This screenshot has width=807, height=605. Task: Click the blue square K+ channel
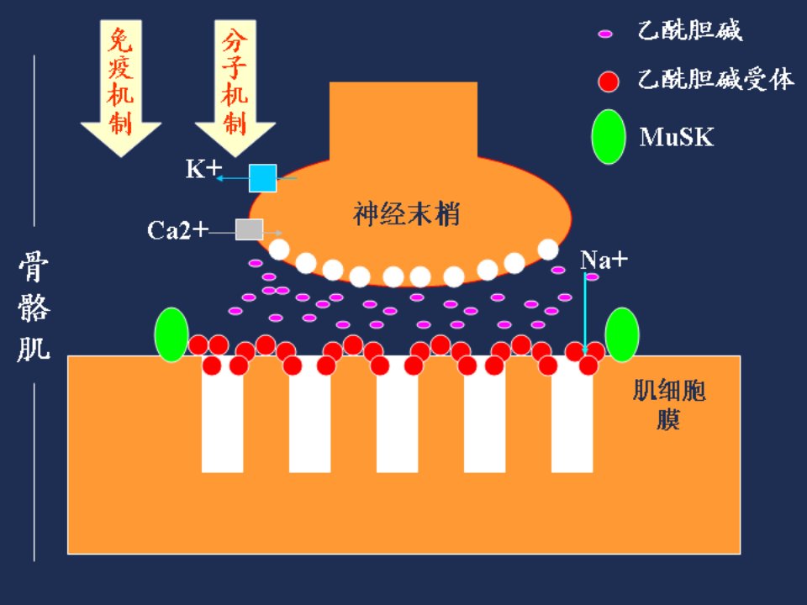pyautogui.click(x=262, y=178)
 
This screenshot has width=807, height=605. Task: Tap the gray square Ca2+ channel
pyautogui.click(x=249, y=229)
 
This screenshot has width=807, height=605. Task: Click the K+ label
pyautogui.click(x=203, y=169)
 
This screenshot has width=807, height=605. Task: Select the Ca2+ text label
pyautogui.click(x=177, y=230)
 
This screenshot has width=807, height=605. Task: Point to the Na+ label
pyautogui.click(x=604, y=260)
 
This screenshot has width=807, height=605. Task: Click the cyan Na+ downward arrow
pyautogui.click(x=585, y=313)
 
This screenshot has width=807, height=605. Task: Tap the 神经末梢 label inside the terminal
pyautogui.click(x=406, y=214)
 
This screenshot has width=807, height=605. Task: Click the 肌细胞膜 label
pyautogui.click(x=668, y=404)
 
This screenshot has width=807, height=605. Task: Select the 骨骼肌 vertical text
pyautogui.click(x=34, y=307)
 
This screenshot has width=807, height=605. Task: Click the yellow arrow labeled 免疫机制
pyautogui.click(x=121, y=87)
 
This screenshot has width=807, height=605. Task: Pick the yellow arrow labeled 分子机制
pyautogui.click(x=235, y=87)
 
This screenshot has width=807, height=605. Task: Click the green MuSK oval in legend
pyautogui.click(x=609, y=137)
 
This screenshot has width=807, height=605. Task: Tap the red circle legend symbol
pyautogui.click(x=609, y=82)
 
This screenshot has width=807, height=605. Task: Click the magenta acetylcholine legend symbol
pyautogui.click(x=605, y=34)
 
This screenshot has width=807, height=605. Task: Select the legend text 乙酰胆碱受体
pyautogui.click(x=716, y=79)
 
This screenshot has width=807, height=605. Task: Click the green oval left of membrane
pyautogui.click(x=171, y=334)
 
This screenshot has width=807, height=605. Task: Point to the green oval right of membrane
pyautogui.click(x=622, y=334)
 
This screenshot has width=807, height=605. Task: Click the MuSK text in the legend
pyautogui.click(x=677, y=137)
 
